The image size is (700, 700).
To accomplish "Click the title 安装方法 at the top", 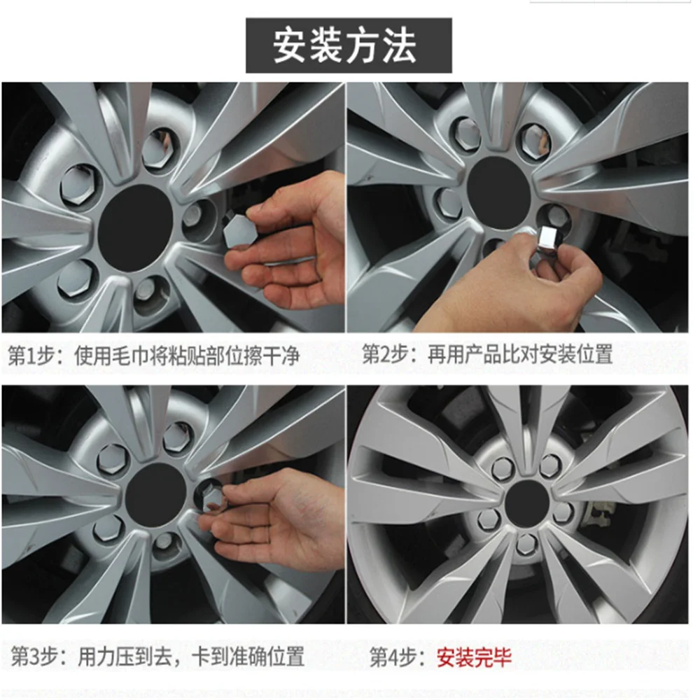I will pos(348,45).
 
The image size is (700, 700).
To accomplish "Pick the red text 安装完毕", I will pos(474,657).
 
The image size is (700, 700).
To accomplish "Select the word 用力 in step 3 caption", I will pos(94,657).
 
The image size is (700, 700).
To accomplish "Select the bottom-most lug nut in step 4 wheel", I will pos(526,542).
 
